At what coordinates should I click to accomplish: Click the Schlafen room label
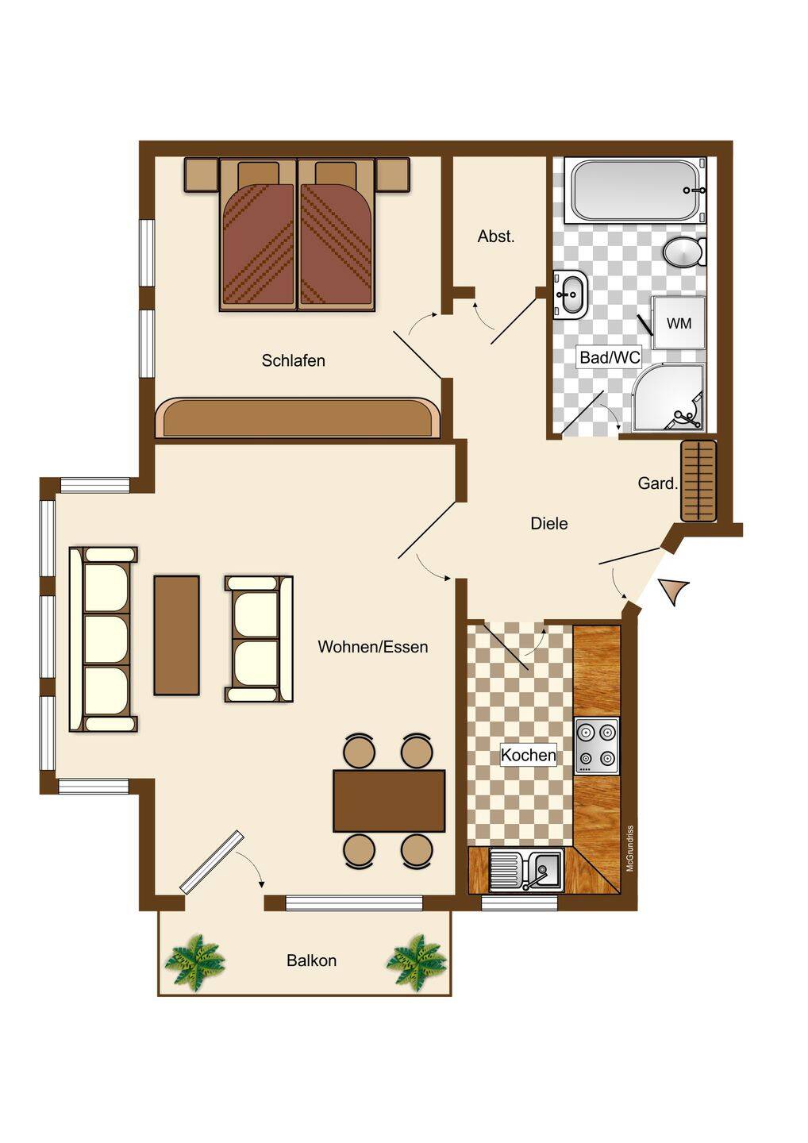click(294, 360)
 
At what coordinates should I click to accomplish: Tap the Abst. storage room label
click(496, 237)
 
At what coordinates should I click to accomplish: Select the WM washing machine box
click(679, 323)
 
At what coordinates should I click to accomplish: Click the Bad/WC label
click(610, 357)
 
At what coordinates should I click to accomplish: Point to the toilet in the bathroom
click(684, 251)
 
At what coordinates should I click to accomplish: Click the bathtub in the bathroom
click(635, 190)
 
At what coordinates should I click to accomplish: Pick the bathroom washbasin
click(571, 294)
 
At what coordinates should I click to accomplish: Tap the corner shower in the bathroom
click(668, 398)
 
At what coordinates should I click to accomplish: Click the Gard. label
click(657, 483)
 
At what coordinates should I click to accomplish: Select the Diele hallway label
click(549, 524)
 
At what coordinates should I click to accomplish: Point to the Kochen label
click(528, 755)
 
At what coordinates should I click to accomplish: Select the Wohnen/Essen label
click(373, 646)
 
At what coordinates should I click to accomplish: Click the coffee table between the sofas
click(176, 635)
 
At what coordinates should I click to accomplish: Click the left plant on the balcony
click(194, 962)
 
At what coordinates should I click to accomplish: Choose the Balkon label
click(311, 960)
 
